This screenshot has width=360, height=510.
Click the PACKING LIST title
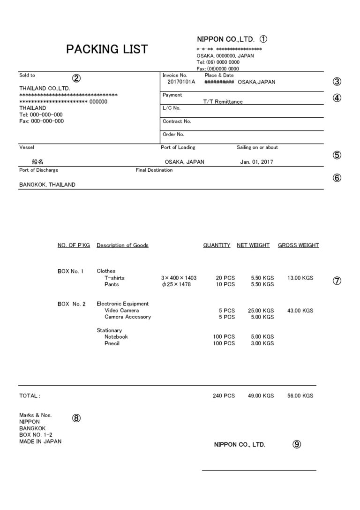(107, 49)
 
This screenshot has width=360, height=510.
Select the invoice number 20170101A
(181, 82)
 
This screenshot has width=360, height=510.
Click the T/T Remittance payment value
(223, 101)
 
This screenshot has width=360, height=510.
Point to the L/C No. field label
(171, 108)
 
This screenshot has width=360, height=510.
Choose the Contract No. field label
(177, 121)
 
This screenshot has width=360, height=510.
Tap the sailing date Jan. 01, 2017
(256, 162)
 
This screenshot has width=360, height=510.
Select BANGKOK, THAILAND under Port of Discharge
(47, 185)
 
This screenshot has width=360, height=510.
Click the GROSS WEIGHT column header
(298, 245)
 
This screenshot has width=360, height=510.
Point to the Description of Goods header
(122, 245)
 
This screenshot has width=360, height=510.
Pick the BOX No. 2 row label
(71, 304)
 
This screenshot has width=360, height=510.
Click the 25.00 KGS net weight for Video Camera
(261, 311)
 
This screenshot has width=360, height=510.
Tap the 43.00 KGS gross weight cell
(300, 311)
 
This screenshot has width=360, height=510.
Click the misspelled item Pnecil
(112, 343)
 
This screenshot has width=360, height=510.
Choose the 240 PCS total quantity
(224, 396)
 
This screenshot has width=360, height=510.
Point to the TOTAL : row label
(30, 396)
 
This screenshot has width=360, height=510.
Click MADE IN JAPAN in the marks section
(40, 441)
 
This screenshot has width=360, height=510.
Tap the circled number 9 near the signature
(296, 444)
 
